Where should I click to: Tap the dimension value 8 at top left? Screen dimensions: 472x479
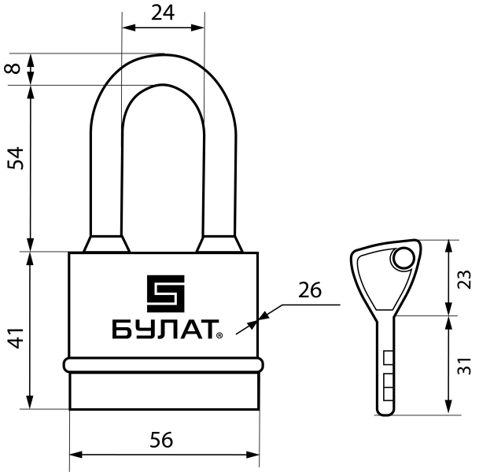13,68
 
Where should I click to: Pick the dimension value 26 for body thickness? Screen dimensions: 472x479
310,289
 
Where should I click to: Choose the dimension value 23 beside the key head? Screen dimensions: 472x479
463,278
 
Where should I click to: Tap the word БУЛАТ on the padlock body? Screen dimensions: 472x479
162,331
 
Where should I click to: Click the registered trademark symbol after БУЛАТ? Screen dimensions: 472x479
219,337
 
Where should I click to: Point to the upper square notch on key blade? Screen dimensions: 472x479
387,359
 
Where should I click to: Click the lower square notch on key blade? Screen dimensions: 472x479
387,385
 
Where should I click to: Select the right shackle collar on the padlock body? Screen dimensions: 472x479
219,243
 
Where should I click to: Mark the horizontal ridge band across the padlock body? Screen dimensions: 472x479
163,366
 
